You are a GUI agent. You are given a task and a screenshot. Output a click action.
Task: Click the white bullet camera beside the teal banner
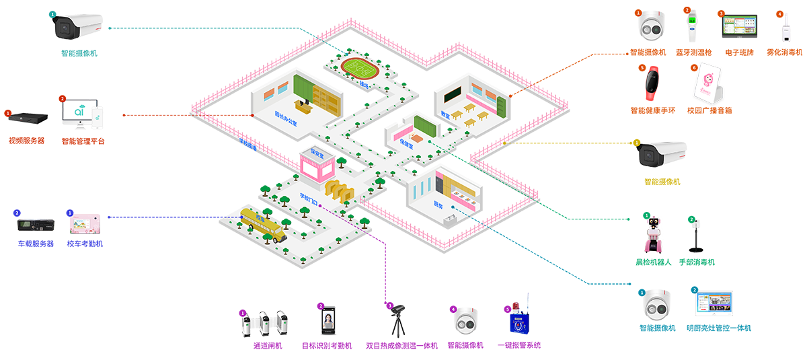point(77,27)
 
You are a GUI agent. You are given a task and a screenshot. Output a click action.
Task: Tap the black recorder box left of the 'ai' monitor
point(28,118)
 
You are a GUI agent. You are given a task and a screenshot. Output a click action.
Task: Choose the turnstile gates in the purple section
point(265,324)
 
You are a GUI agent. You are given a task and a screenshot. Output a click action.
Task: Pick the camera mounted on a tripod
point(399,319)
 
